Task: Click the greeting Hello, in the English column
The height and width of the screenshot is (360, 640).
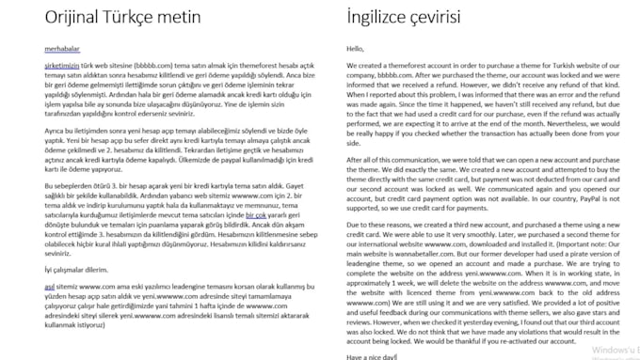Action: click(x=355, y=49)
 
